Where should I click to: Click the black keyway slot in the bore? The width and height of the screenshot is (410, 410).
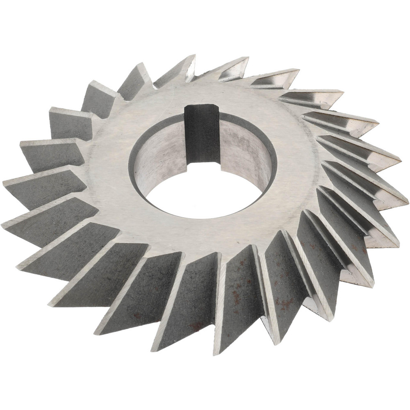pos(201,135)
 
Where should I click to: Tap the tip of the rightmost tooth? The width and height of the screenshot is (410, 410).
pos(407,201)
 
